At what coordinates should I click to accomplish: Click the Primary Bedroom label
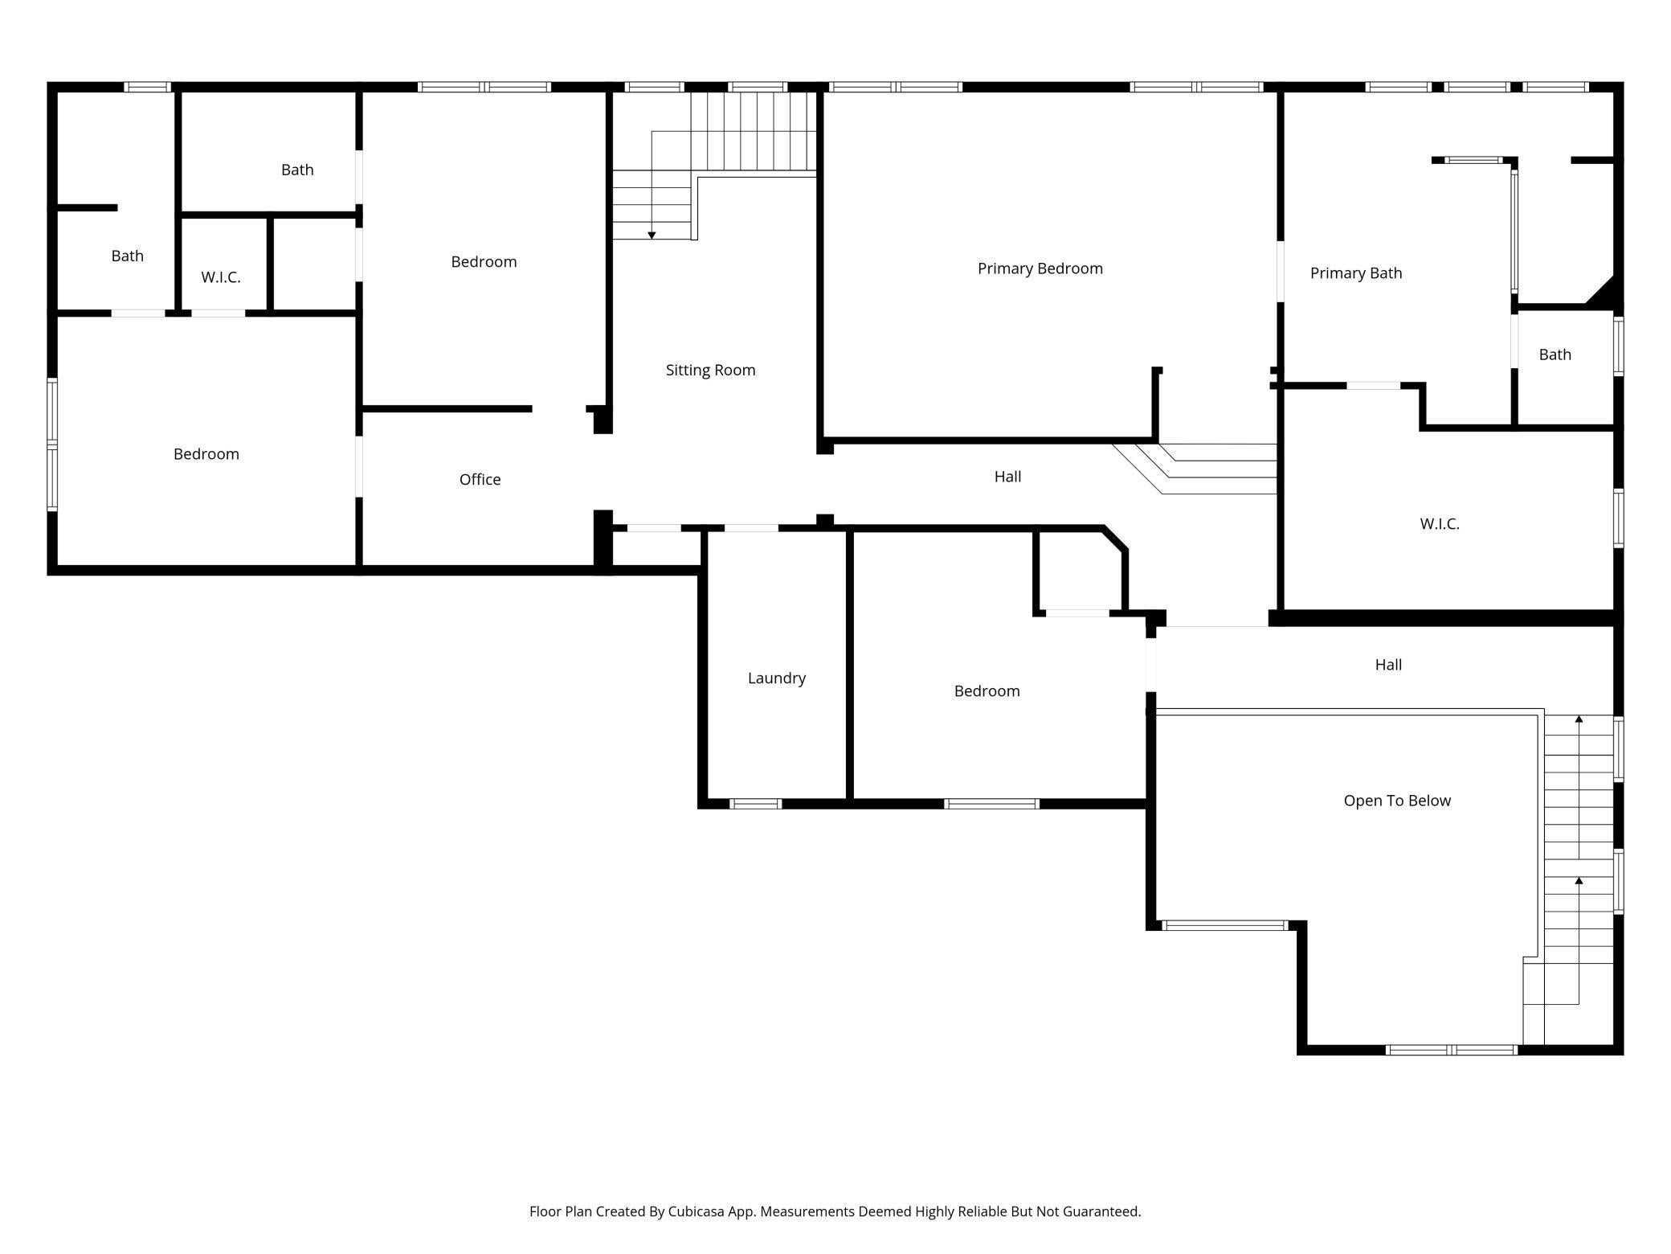point(1040,269)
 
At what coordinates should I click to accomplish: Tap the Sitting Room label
point(710,371)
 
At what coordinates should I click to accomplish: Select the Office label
point(480,479)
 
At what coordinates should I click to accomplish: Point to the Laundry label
point(776,678)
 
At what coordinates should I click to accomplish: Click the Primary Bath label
point(1355,273)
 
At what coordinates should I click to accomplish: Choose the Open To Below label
point(1397,801)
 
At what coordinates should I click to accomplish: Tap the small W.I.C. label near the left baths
point(221,277)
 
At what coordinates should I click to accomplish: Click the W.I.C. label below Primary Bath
point(1439,524)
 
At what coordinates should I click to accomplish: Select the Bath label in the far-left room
point(127,256)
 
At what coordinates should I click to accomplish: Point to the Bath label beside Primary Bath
point(1555,354)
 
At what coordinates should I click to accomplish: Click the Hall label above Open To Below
point(1388,665)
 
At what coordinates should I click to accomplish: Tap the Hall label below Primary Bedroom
point(1007,477)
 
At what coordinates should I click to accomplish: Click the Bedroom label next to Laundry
point(987,691)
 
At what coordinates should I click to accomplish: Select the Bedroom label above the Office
point(484,262)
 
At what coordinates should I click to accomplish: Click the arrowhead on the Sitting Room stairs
point(652,236)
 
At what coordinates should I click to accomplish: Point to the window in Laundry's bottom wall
point(755,804)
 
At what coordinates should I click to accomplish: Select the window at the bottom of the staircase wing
point(1451,1050)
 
